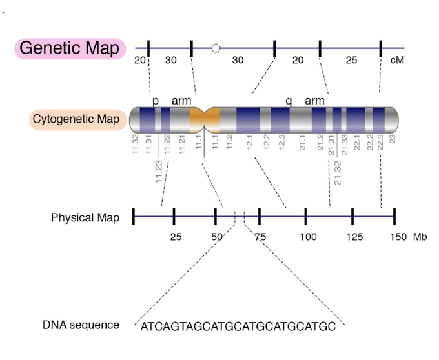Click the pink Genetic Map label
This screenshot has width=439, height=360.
coord(69,48)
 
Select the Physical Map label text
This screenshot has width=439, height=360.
coord(85,217)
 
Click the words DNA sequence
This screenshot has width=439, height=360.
coord(81,325)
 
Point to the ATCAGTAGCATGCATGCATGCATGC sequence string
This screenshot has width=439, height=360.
coord(238,326)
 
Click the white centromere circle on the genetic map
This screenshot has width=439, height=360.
coord(216,48)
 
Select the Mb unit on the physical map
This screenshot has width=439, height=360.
coord(420,237)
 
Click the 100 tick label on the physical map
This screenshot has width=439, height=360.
coord(308,237)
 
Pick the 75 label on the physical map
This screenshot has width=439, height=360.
coord(260,237)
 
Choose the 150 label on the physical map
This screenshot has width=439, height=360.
coord(397,237)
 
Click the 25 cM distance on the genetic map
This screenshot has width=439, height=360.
coord(351,61)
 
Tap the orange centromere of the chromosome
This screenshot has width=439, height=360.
coord(205,119)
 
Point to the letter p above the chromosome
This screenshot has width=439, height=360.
coord(155,101)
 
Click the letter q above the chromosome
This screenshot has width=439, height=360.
coord(289,101)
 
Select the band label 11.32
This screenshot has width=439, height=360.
coord(135,143)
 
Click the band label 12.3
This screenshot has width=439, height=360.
coord(281,143)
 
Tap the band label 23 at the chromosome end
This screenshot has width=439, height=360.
coord(392,138)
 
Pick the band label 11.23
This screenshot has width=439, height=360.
coord(159,172)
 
